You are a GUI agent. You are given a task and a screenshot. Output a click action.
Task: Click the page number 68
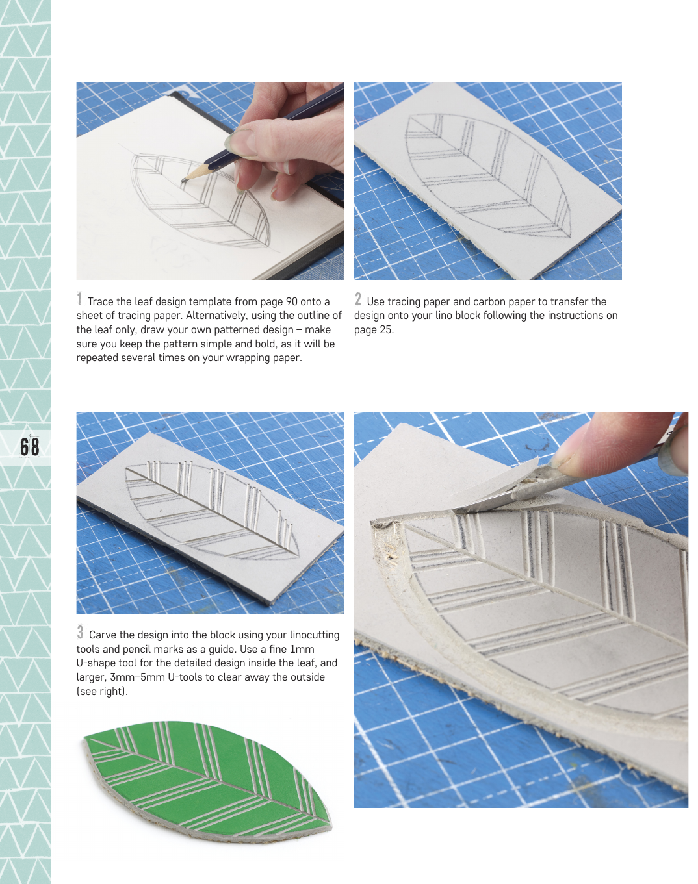30,448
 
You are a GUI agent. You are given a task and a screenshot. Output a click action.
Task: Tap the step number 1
79,299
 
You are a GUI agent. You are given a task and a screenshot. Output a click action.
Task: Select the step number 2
358,299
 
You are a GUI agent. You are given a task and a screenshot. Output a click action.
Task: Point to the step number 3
80,632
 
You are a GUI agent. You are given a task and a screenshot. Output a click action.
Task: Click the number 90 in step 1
291,301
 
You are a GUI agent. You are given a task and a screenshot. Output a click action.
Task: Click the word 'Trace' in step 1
100,301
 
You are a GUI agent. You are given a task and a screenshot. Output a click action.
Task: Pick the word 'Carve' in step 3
103,635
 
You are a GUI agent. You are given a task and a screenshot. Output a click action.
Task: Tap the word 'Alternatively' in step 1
216,316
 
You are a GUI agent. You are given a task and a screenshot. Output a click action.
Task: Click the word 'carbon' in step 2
490,301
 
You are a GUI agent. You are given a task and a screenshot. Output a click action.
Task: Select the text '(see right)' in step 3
102,691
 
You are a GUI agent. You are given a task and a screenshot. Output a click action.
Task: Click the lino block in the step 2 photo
488,181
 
